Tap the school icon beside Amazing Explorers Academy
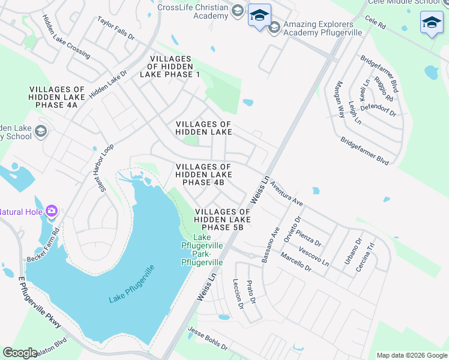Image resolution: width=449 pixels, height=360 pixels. click(x=274, y=27)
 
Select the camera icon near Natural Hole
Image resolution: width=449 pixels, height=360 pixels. click(x=52, y=211)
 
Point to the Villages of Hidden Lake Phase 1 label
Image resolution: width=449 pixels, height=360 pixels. click(x=170, y=66)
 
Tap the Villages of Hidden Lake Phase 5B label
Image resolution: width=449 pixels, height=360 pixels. click(x=222, y=220)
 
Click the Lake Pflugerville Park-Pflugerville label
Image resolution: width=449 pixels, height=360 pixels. click(x=203, y=250)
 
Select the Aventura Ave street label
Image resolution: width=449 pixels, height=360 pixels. click(x=286, y=193)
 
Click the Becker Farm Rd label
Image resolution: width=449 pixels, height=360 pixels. click(x=43, y=245)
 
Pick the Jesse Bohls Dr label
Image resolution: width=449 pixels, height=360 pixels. click(x=208, y=338)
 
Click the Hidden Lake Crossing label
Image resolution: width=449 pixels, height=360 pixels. click(x=66, y=37)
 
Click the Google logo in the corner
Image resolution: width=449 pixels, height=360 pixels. click(x=20, y=353)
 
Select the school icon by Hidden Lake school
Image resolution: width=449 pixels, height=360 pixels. click(x=41, y=131)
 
